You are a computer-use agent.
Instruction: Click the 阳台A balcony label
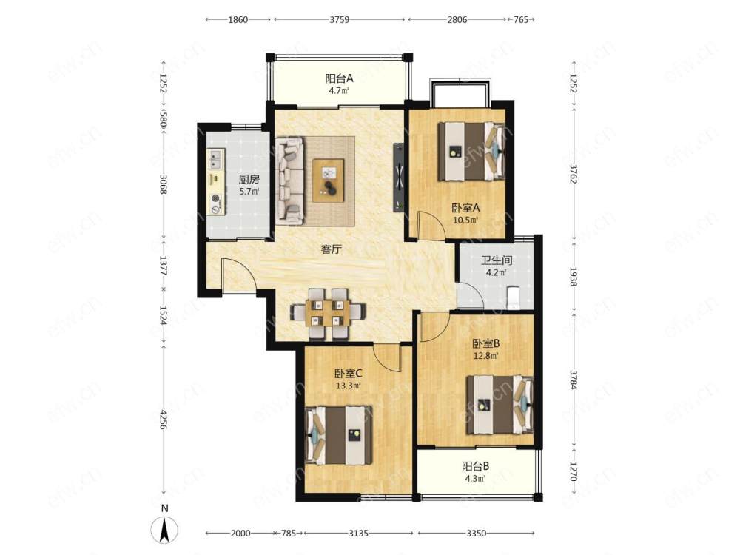coord(339,78)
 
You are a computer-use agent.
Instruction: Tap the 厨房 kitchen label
coord(249,179)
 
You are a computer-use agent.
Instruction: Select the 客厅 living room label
coord(331,249)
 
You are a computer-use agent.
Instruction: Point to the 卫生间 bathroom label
coord(497,260)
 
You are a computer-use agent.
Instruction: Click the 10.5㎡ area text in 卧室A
coord(465,220)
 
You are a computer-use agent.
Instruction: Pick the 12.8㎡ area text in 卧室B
coord(486,356)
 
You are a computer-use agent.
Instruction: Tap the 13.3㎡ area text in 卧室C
coord(349,386)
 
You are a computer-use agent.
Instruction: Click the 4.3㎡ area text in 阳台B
coord(475,479)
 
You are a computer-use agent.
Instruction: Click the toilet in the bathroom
coord(513,297)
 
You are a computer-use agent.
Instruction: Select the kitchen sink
coord(216,160)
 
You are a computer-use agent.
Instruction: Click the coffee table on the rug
coord(329,181)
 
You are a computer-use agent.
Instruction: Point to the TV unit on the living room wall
coord(399,178)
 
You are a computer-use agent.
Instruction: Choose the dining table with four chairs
coord(329,314)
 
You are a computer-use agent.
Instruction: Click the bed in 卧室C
coord(338,435)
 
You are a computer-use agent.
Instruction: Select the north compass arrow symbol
coord(165,530)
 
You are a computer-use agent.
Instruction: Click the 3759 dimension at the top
coord(339,19)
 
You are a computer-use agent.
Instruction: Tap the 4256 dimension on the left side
coord(164,419)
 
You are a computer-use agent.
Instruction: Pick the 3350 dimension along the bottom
coord(476,534)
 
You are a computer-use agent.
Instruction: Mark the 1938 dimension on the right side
coord(573,277)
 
